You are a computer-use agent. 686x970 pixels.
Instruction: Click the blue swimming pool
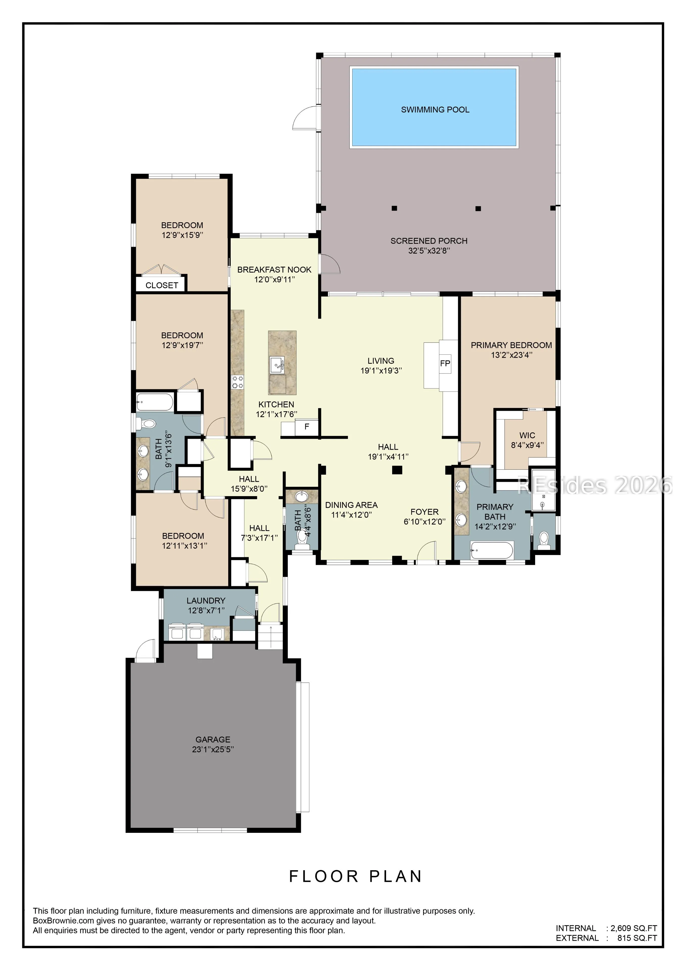tap(434, 107)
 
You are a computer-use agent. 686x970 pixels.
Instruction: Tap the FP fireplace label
tap(445, 363)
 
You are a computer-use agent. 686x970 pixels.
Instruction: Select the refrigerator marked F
tap(307, 427)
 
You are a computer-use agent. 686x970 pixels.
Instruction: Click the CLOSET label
tap(162, 286)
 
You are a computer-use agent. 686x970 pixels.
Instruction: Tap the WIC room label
tap(527, 435)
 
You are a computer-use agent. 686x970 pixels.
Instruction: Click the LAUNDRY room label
tap(206, 600)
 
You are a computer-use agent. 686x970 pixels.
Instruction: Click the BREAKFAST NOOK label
tap(274, 270)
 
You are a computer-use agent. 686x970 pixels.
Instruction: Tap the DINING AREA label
tap(351, 505)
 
